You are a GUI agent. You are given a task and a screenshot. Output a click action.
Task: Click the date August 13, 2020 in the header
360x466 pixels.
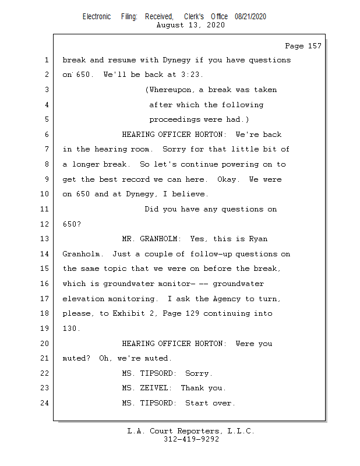click(x=191, y=25)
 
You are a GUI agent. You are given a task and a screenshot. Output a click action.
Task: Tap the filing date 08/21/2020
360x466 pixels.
click(x=250, y=17)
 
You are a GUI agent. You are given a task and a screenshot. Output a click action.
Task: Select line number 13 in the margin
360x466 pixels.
click(x=45, y=239)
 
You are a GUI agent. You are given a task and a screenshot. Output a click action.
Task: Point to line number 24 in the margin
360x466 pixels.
click(x=45, y=403)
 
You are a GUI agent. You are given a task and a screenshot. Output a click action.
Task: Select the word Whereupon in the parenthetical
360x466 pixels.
click(x=170, y=90)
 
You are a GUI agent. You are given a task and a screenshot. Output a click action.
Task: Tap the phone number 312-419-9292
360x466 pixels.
click(x=191, y=439)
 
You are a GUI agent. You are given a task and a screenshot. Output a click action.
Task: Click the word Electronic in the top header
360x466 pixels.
click(x=97, y=17)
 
